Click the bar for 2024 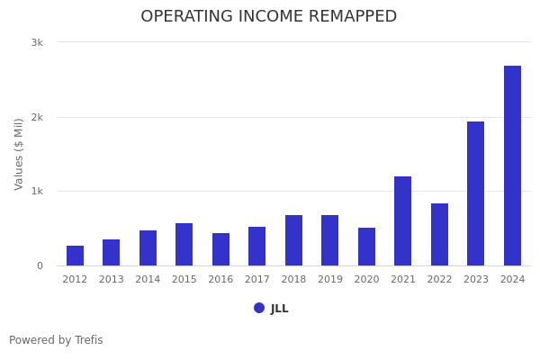tap(512, 166)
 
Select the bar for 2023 tap(475, 193)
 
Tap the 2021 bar tap(402, 221)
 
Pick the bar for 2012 tap(75, 256)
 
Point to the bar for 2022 tap(439, 235)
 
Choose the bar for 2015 tap(184, 245)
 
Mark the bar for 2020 tap(366, 247)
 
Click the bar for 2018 tap(293, 240)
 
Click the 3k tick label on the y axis tap(37, 42)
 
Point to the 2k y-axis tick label tap(37, 117)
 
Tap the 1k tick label tap(37, 192)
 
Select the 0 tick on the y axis tap(40, 265)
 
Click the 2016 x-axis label tap(220, 280)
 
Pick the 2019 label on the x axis tap(329, 280)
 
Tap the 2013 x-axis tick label tap(111, 280)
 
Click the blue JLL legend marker tap(259, 308)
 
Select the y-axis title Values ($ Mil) tap(19, 154)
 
